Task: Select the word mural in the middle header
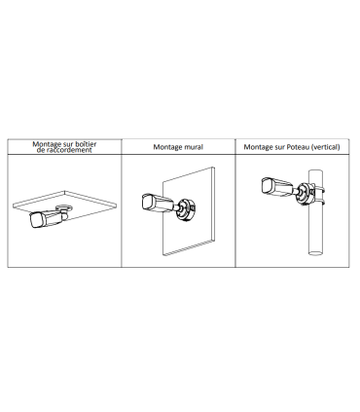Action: [x=194, y=147]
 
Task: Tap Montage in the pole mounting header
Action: [x=260, y=147]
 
